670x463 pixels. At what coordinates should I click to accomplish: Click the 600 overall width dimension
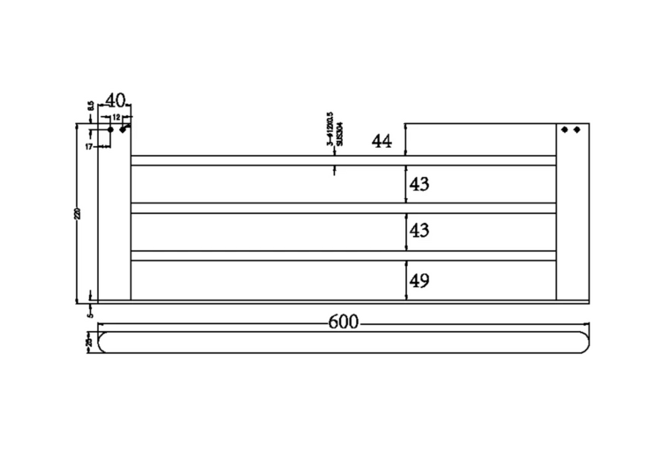344,322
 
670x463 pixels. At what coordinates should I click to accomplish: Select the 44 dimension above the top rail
381,141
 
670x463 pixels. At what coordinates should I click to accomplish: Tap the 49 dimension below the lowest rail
419,281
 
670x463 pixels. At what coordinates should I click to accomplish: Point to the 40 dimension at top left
115,100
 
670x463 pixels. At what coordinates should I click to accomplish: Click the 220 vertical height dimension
78,213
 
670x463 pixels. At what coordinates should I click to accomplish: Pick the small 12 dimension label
116,117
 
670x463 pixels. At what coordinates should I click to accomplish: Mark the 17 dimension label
89,146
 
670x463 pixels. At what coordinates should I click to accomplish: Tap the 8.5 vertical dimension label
90,106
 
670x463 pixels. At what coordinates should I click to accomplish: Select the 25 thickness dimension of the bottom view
89,341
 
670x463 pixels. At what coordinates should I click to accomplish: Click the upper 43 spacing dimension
419,184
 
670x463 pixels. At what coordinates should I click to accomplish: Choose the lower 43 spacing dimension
419,231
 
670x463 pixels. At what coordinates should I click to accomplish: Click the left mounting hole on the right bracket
565,129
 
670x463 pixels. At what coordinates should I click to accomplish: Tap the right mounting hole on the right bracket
576,129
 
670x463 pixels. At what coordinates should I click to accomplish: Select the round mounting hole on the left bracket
110,129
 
